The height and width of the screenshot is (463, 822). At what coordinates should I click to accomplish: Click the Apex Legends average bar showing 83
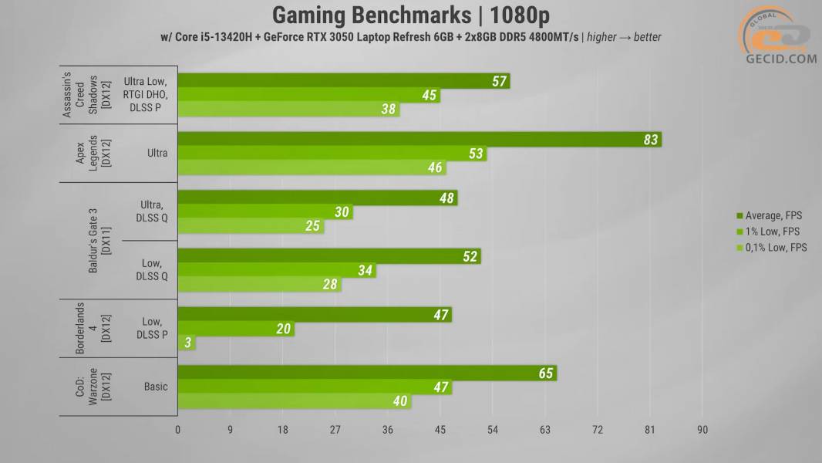[419, 140]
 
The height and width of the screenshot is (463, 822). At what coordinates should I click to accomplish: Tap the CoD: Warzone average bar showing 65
[367, 373]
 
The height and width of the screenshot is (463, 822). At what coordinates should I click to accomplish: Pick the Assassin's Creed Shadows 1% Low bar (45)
[308, 96]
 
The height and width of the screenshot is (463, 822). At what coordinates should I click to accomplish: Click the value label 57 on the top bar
[499, 82]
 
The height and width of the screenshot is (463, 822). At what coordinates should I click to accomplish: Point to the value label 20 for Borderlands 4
[283, 330]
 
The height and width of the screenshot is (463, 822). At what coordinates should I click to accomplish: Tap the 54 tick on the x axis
[492, 430]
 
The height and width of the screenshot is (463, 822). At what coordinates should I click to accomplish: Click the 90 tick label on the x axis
[702, 430]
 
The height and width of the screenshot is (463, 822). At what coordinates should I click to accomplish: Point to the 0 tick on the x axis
[178, 430]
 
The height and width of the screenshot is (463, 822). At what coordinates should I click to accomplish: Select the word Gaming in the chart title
[308, 15]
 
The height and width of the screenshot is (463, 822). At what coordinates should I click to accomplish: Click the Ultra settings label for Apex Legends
[157, 154]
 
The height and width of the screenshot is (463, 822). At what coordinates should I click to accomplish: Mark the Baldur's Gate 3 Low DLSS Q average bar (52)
[329, 257]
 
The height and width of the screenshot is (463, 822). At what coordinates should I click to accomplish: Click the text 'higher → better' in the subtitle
[624, 36]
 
